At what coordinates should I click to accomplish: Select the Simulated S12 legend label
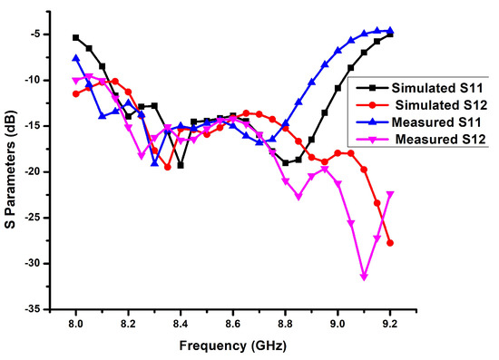(425, 105)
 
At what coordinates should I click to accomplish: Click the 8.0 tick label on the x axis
(75, 323)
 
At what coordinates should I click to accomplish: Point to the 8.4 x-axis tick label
(181, 323)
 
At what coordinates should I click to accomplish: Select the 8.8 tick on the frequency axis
(285, 323)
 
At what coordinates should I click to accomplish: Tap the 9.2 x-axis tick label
(390, 323)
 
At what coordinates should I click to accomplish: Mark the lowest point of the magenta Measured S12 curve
(364, 277)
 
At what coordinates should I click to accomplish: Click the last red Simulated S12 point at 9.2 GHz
(390, 243)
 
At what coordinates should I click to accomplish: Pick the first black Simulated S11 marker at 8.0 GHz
(75, 38)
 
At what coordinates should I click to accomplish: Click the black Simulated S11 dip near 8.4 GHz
(181, 165)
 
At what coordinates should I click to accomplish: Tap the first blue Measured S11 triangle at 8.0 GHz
(75, 58)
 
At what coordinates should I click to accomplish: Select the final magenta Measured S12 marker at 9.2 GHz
(390, 194)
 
